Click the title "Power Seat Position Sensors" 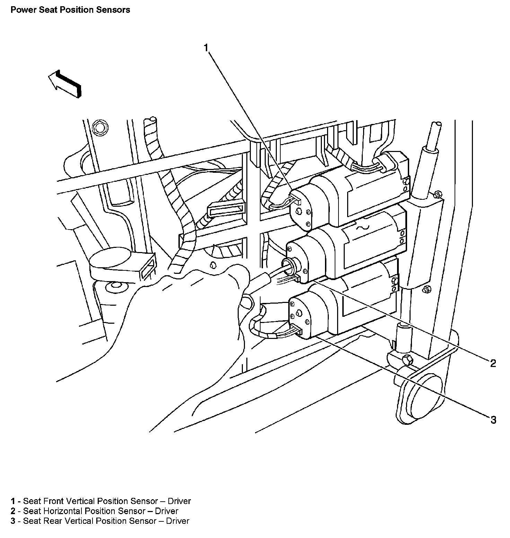point(70,10)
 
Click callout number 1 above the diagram point(206,48)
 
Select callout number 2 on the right point(493,363)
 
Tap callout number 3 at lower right point(493,420)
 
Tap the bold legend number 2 point(13,511)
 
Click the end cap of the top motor point(301,209)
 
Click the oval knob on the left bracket point(110,258)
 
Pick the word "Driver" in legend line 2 point(166,511)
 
